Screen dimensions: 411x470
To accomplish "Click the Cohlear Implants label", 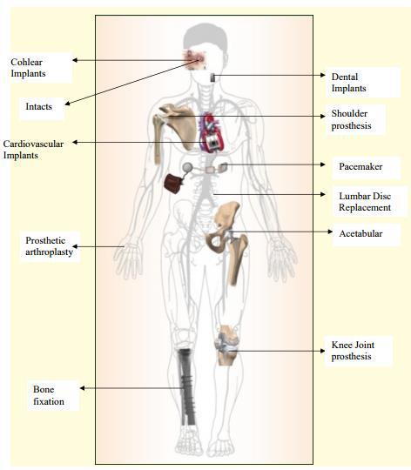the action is pos(28,68).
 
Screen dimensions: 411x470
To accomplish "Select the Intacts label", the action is pos(38,106).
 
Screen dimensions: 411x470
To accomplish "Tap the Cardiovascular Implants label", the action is pos(33,150).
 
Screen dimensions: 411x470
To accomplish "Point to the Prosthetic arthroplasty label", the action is pos(49,246).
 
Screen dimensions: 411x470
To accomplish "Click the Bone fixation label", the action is pos(49,395).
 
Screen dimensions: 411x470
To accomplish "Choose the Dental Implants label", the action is pos(348,83).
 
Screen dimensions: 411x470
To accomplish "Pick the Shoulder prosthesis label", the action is pos(351,119).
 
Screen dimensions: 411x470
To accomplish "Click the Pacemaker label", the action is pos(360,166).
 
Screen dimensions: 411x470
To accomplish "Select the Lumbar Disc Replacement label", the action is pos(365,202).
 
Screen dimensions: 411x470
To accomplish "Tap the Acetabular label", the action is pos(360,233).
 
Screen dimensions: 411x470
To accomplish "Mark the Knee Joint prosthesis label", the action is pos(353,351).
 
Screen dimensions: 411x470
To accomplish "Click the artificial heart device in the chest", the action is pos(212,133).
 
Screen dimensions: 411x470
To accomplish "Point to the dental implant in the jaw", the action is pos(212,77).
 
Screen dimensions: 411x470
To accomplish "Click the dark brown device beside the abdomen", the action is pos(173,183).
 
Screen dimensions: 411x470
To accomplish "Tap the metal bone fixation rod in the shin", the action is pos(186,387).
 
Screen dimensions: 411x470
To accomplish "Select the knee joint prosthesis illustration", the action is pos(226,345).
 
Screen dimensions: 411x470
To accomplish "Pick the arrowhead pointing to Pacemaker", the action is pos(323,164).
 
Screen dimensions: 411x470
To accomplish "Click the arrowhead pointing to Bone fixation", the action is pos(82,388).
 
